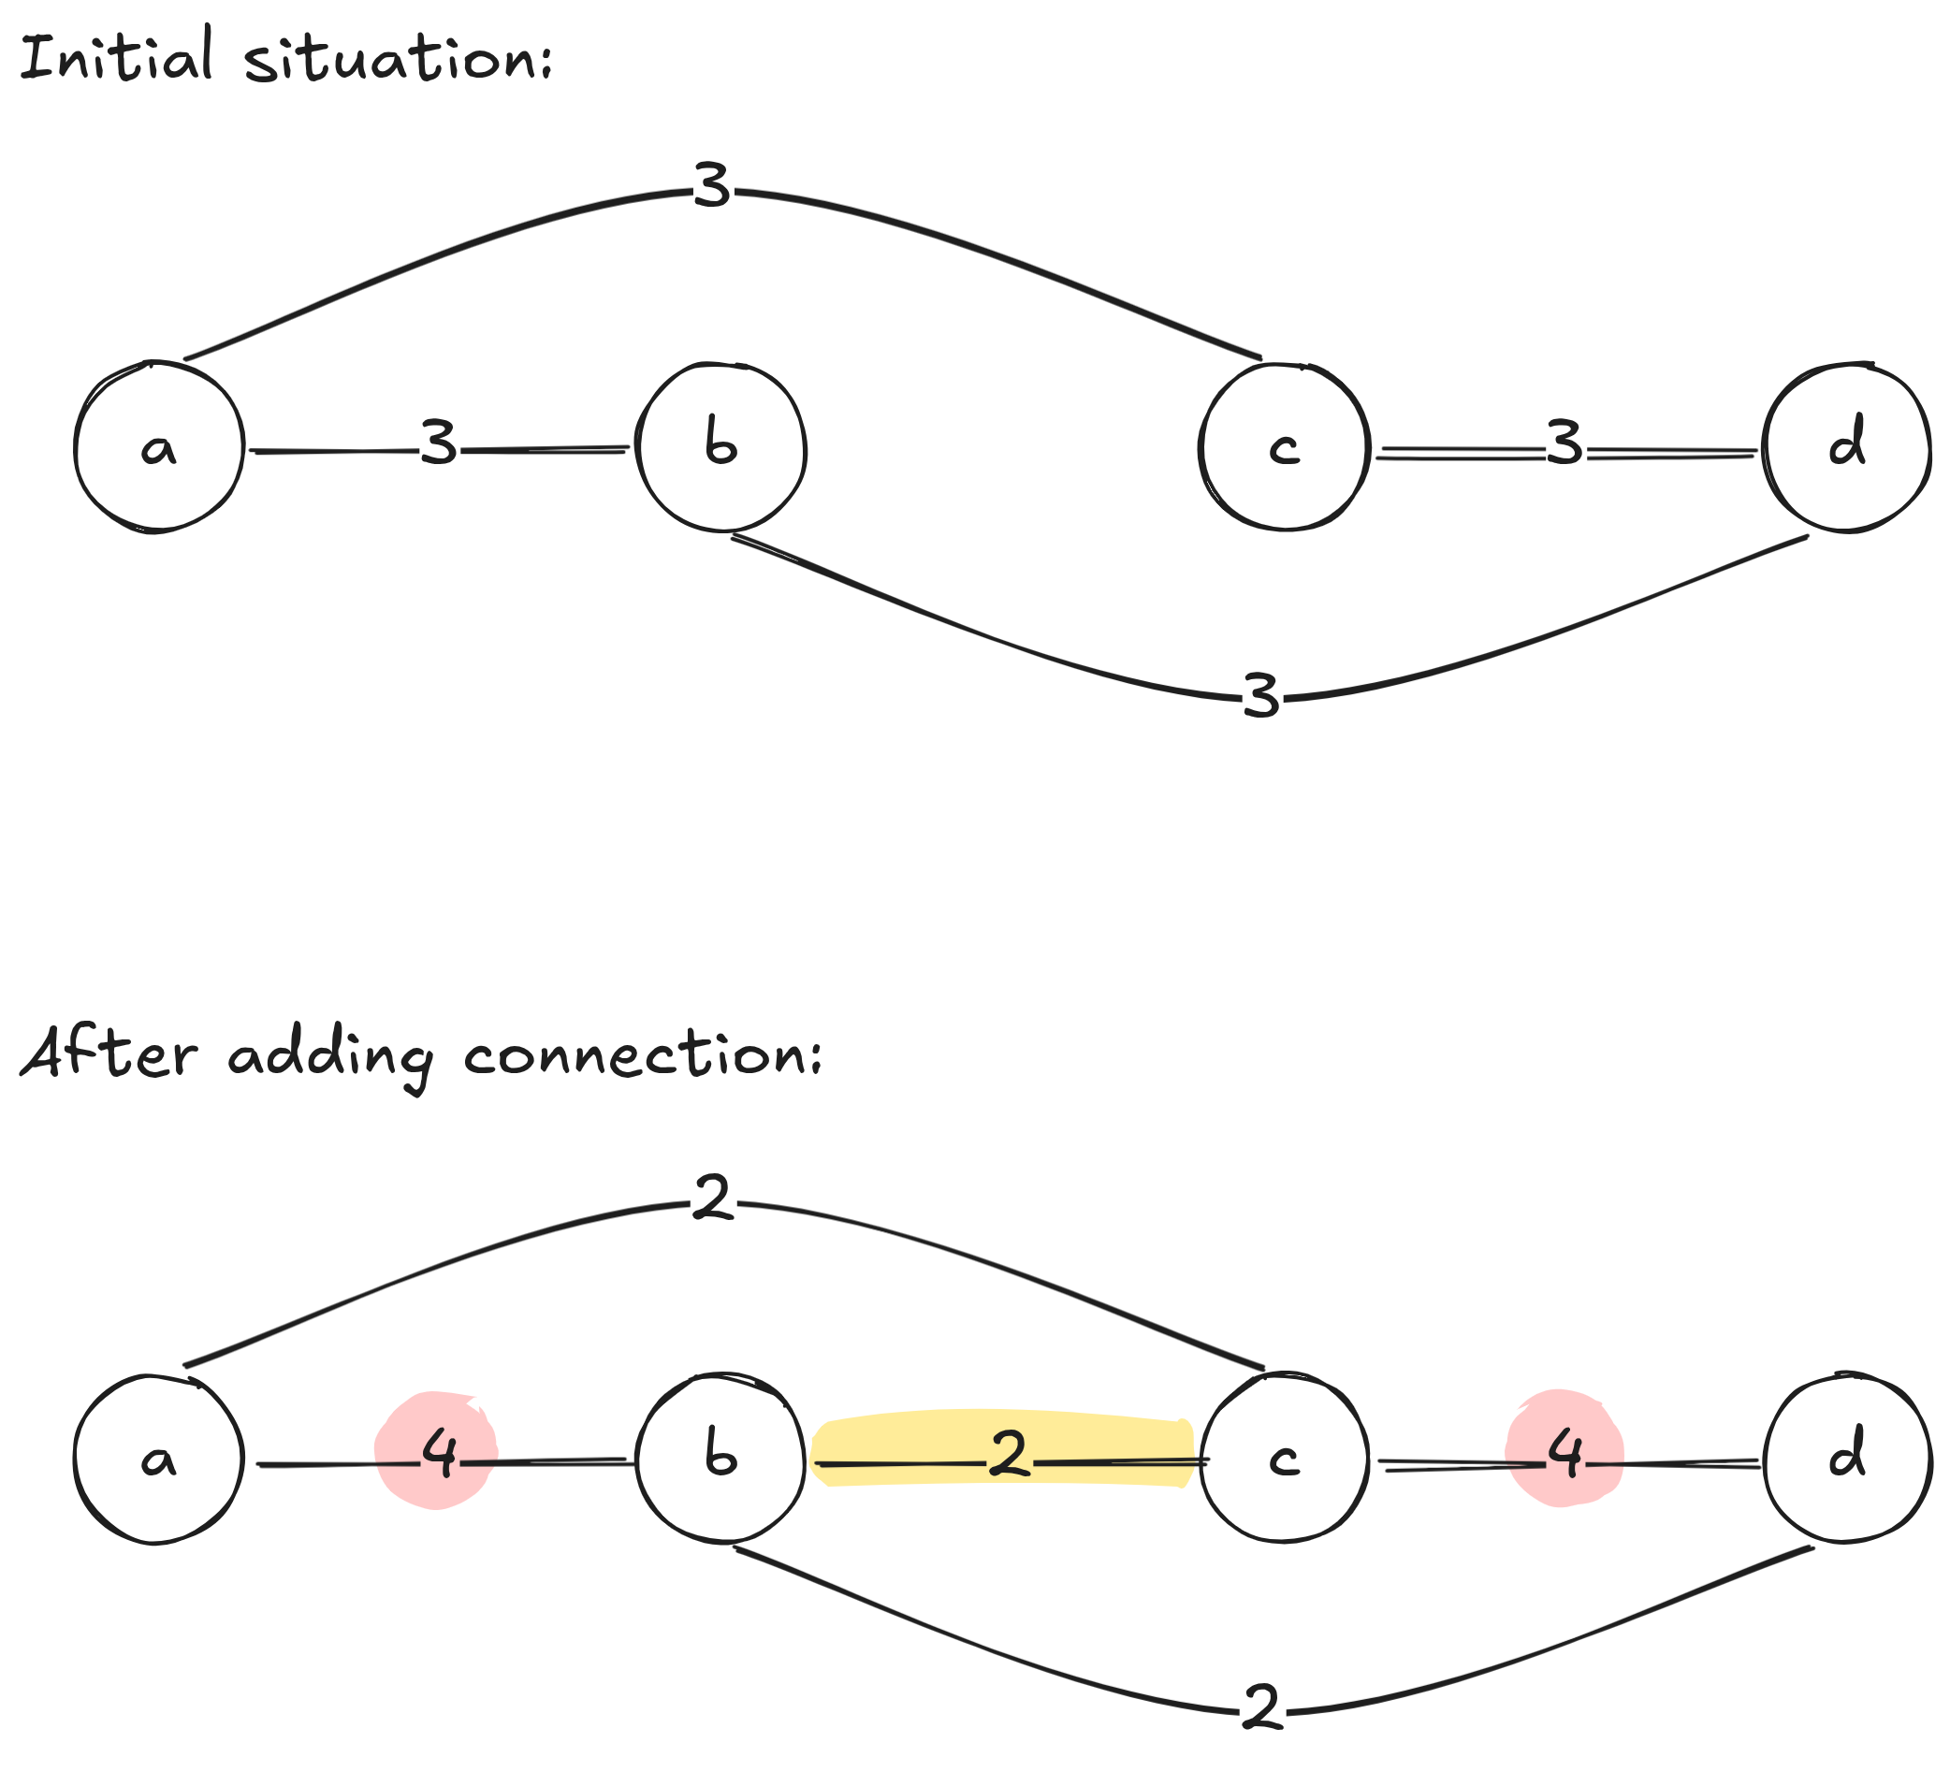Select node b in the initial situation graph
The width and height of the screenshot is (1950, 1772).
click(x=721, y=447)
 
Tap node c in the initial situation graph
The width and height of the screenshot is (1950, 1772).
click(x=1285, y=447)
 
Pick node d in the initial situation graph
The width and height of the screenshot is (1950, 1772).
click(x=1846, y=447)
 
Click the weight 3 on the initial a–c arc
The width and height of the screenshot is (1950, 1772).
click(x=713, y=185)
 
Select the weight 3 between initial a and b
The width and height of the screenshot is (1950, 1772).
click(x=439, y=444)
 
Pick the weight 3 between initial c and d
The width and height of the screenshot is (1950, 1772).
click(x=1564, y=444)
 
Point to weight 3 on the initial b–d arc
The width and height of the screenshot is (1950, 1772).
click(x=1261, y=696)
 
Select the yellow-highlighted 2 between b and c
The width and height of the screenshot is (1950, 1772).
click(x=1009, y=1454)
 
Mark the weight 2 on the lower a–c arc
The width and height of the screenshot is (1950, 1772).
click(x=713, y=1198)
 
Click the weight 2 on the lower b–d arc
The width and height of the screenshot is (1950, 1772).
click(x=1261, y=1707)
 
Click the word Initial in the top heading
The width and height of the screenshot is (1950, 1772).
click(x=116, y=56)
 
